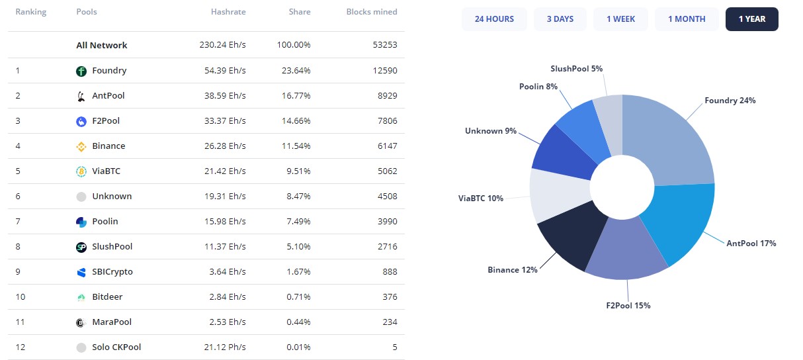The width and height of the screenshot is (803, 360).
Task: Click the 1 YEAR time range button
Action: point(751,19)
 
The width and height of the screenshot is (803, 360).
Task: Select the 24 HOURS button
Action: point(494,19)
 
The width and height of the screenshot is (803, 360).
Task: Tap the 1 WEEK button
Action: point(620,19)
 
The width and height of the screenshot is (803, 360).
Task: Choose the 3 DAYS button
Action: point(560,19)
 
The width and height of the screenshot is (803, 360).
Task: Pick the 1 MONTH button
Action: point(687,19)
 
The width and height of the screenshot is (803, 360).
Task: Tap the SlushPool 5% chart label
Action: point(576,69)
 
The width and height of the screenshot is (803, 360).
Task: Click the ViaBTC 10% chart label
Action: point(481,199)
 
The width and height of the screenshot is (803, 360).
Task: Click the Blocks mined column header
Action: point(372,12)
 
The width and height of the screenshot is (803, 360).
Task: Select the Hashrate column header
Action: point(228,12)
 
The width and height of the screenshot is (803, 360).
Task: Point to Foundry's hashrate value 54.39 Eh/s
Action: point(222,71)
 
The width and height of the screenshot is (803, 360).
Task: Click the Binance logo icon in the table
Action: point(81,146)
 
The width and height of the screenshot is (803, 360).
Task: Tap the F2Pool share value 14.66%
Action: point(294,121)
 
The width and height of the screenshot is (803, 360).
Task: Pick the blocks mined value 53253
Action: point(384,45)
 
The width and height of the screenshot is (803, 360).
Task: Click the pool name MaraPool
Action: point(112,322)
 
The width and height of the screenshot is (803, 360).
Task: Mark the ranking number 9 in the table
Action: point(19,272)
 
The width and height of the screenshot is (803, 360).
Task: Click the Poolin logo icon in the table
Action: point(81,222)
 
